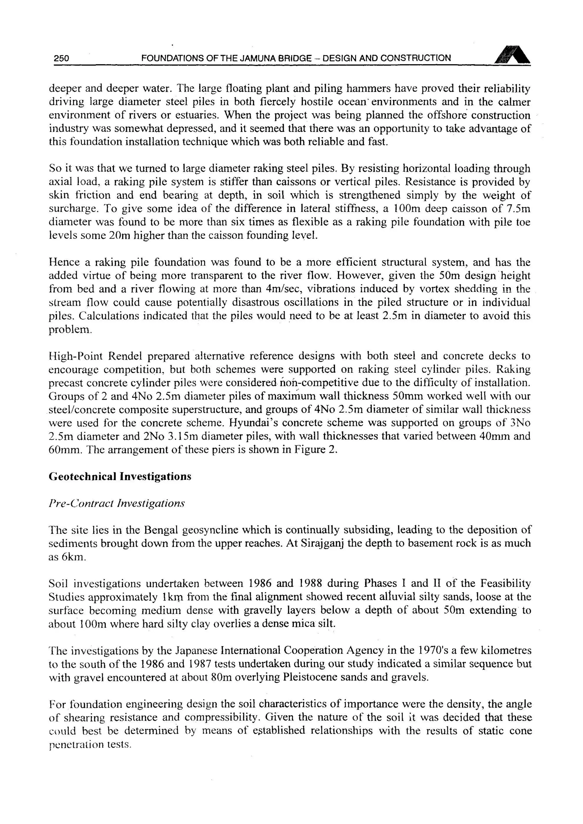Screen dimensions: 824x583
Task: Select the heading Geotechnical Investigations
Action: [120, 477]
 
